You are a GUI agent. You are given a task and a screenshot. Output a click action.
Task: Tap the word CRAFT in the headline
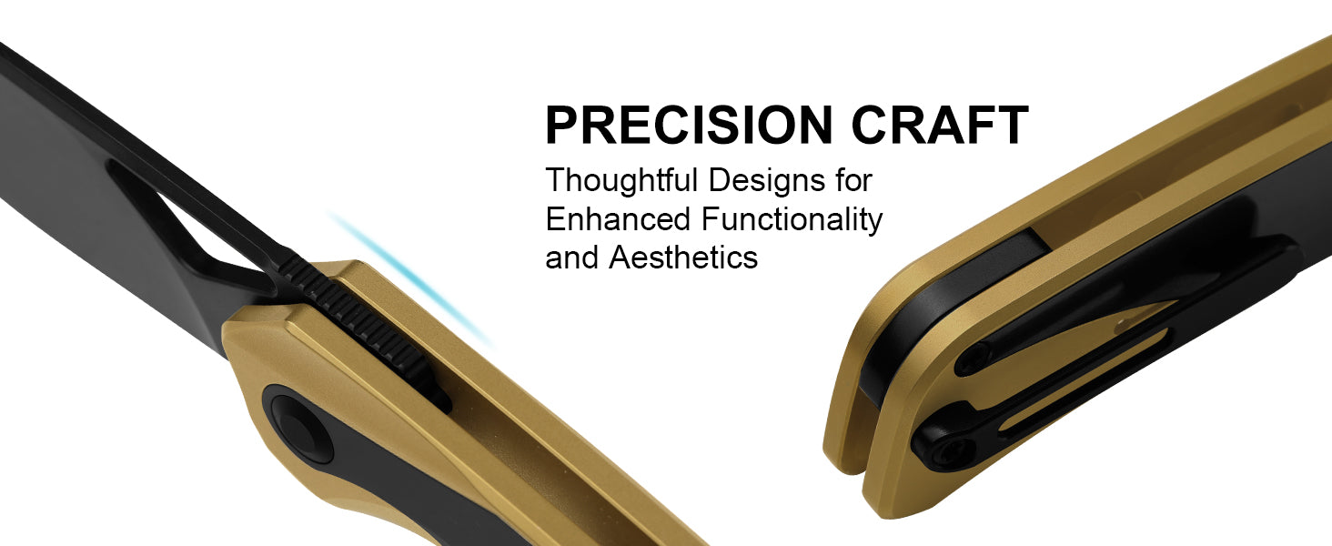940,125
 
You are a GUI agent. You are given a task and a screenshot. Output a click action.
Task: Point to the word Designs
766,181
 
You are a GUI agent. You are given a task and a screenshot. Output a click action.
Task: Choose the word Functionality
792,220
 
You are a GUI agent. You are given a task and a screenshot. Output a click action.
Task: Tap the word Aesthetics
683,258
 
